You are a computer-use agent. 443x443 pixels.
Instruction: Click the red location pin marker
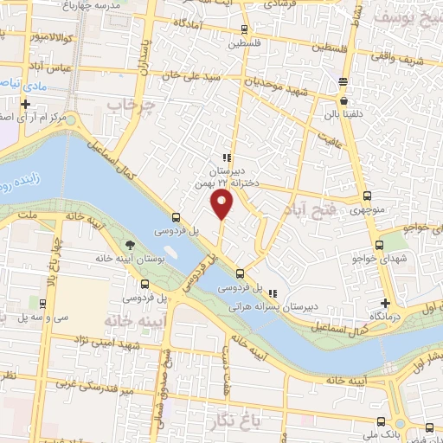(223, 205)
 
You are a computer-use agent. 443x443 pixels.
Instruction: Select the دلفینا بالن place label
(343, 111)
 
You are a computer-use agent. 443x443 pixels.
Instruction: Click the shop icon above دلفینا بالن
(344, 82)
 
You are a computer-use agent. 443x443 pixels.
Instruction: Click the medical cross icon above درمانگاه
(386, 303)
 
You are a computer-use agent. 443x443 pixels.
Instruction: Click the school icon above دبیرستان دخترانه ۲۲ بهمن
(226, 157)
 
